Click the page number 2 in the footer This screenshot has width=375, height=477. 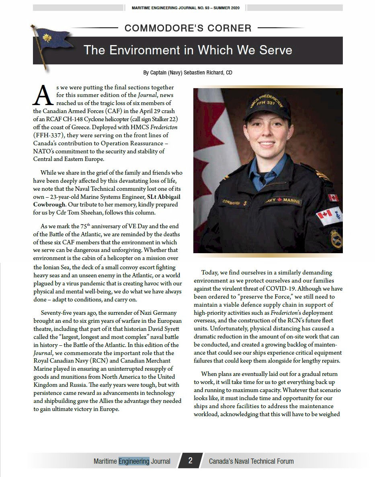[190, 461]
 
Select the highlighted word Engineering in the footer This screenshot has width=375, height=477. [134, 461]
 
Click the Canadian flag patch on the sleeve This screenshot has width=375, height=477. [333, 198]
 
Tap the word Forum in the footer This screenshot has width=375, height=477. [283, 461]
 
